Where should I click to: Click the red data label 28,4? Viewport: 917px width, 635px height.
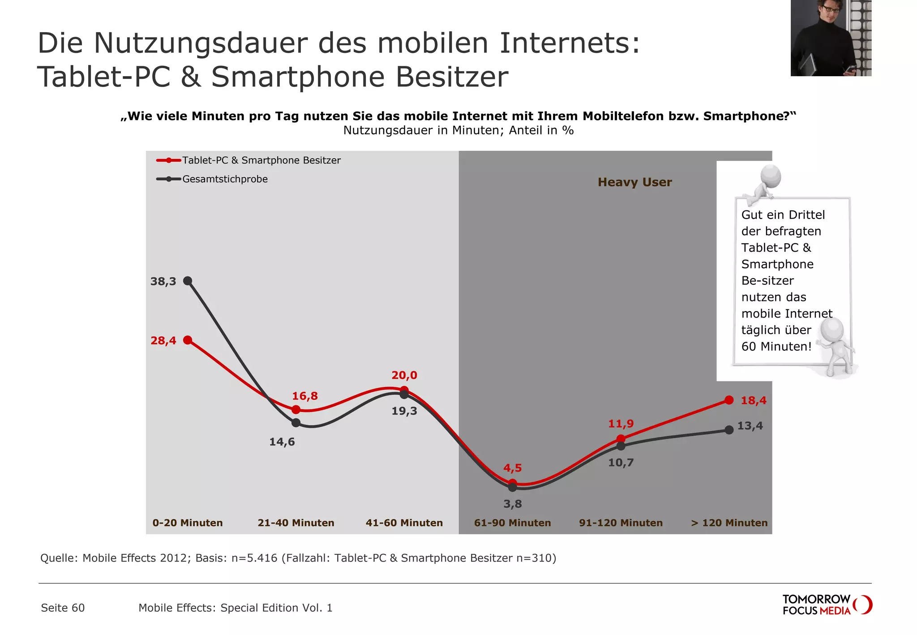(x=163, y=341)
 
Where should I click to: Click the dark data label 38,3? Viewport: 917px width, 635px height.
(x=163, y=282)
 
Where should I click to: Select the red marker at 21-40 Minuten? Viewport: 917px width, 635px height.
(x=296, y=410)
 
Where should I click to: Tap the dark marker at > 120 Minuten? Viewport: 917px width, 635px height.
(x=729, y=430)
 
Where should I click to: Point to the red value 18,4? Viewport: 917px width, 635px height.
(x=753, y=401)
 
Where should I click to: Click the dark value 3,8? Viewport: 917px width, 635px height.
(x=512, y=504)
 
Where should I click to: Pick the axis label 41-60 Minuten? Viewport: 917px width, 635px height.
(x=404, y=523)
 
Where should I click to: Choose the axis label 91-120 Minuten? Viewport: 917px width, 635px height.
(x=621, y=523)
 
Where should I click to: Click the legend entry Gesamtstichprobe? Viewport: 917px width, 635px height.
(x=225, y=179)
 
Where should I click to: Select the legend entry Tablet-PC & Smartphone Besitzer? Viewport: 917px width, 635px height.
(x=261, y=160)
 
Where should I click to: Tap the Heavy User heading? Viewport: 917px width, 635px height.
(x=634, y=182)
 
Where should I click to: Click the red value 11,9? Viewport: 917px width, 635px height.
(x=621, y=424)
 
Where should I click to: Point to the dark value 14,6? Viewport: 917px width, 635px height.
(x=282, y=442)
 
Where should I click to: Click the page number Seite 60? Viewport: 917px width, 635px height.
(x=63, y=608)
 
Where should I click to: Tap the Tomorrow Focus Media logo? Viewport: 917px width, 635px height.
(x=827, y=605)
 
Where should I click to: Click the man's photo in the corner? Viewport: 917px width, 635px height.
(x=831, y=38)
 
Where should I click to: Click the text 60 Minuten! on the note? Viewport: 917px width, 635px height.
(x=776, y=347)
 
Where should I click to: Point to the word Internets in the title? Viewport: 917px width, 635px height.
(x=569, y=43)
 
